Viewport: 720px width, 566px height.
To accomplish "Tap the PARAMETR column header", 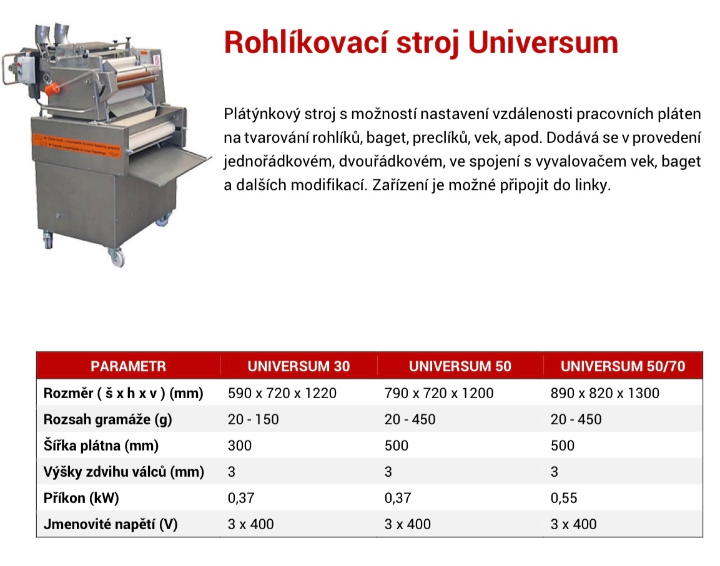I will [x=128, y=366].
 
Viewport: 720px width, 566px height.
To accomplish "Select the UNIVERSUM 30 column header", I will [x=298, y=366].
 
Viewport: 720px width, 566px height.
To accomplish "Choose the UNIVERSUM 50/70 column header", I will [x=623, y=366].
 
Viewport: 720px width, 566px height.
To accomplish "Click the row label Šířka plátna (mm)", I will [x=101, y=446].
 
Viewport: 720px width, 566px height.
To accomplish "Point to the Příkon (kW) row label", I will [x=81, y=498].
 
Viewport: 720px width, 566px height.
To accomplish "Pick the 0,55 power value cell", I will [x=564, y=498].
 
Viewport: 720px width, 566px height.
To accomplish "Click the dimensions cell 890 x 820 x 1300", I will [x=604, y=393].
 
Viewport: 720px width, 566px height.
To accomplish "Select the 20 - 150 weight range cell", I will [x=253, y=419].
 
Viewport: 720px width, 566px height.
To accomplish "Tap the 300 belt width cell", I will [x=240, y=446].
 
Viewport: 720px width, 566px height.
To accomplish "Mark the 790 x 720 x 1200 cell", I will [x=439, y=393].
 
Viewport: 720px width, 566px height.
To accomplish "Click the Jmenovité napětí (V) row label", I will [x=111, y=524].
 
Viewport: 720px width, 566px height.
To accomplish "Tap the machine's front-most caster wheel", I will [x=116, y=256].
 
